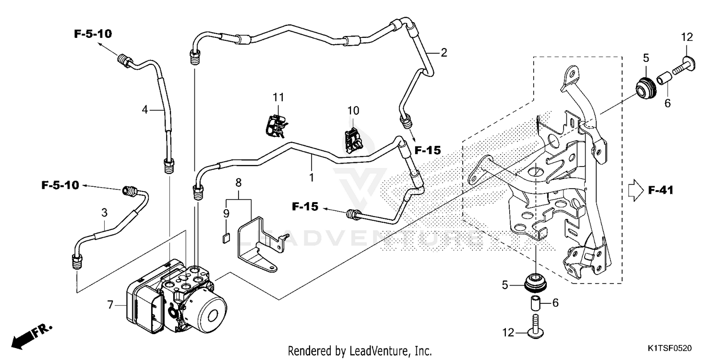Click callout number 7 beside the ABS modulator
pos(110,304)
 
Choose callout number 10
pos(353,110)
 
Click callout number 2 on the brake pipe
pos(444,52)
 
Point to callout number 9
pos(226,213)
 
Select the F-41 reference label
pos(661,191)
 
